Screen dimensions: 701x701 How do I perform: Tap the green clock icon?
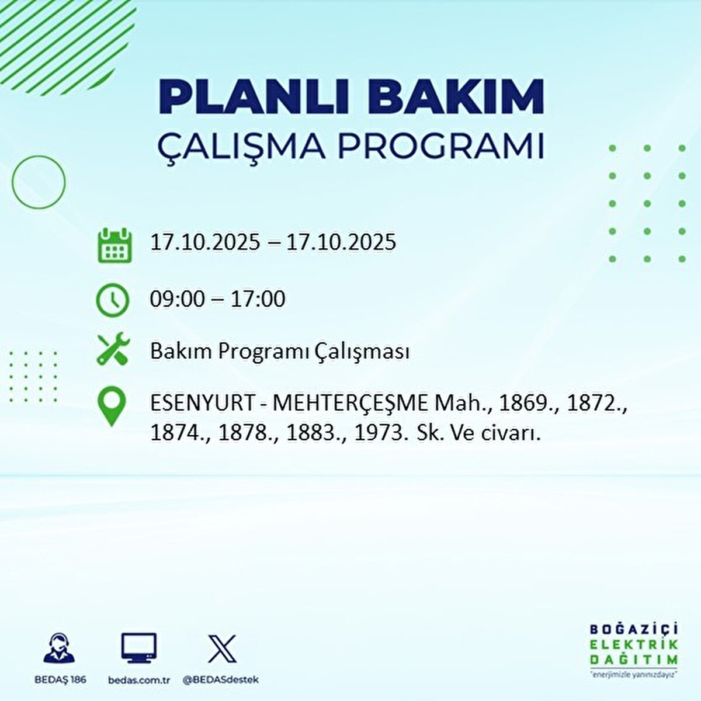[x=112, y=300]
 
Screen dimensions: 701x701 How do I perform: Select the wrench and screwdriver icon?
[x=112, y=349]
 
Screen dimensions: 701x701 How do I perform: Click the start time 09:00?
[x=178, y=299]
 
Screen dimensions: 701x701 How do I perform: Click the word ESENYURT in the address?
[x=202, y=403]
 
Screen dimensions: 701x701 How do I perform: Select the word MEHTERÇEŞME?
[x=350, y=403]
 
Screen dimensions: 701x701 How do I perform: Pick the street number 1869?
[x=521, y=403]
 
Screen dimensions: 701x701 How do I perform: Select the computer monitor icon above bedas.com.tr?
[x=139, y=648]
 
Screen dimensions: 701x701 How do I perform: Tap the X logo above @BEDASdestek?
[x=223, y=648]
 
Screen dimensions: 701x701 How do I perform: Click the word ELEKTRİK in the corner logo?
[x=634, y=644]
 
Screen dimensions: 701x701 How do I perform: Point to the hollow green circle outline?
[x=39, y=182]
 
